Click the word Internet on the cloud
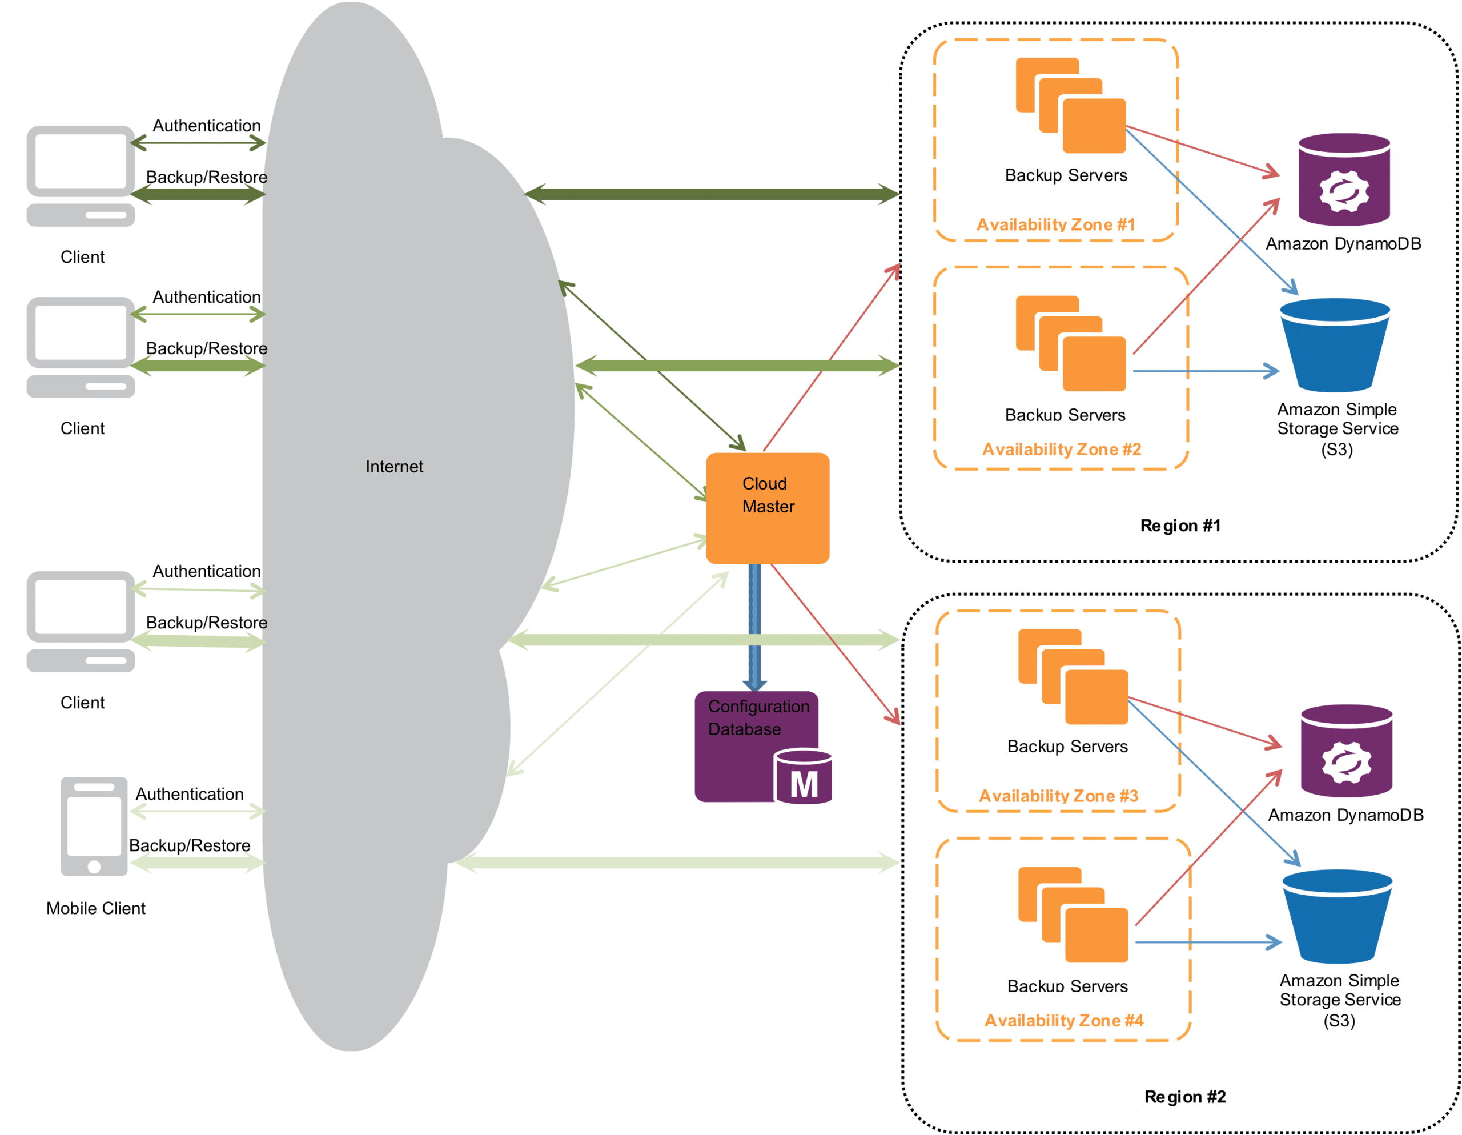coord(393,467)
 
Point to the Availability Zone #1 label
coord(1055,224)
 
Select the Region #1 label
coord(1180,526)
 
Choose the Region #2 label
coord(1185,1097)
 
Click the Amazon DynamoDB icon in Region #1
coord(1344,179)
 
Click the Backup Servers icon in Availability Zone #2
coord(1070,343)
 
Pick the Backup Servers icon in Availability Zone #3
coord(1073,676)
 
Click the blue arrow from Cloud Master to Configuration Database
coord(754,626)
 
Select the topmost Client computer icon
coord(81,175)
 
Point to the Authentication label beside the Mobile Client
coord(190,794)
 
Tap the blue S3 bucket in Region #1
coord(1335,345)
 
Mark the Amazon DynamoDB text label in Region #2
coord(1345,815)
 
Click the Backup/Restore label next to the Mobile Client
coord(190,846)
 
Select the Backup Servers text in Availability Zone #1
coord(1066,175)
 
